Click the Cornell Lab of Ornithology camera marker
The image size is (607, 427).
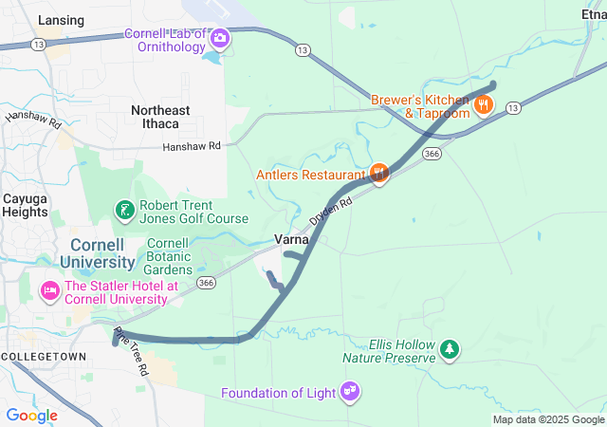(220, 39)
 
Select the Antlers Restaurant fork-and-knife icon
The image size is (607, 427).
(378, 173)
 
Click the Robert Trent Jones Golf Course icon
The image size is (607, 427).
(123, 209)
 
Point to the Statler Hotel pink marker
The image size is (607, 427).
(48, 288)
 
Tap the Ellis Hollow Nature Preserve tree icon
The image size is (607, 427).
(449, 350)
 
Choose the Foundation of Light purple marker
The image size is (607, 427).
(350, 389)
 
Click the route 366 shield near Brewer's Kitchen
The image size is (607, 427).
(432, 154)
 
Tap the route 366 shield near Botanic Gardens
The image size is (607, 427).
(207, 283)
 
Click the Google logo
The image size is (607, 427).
(31, 416)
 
